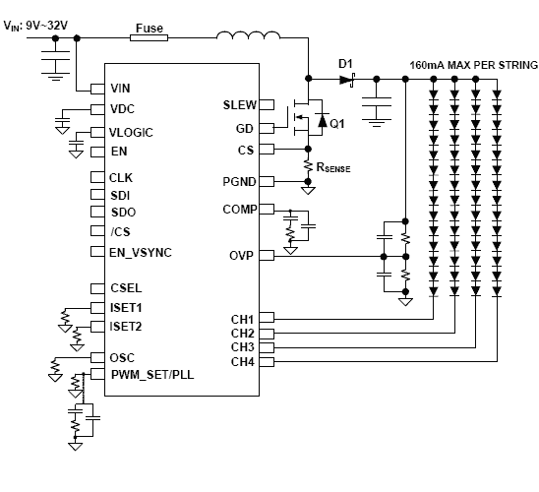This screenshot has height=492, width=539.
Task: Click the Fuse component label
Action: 148,28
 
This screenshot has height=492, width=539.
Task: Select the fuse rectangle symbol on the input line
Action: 149,40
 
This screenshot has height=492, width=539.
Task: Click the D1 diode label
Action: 345,64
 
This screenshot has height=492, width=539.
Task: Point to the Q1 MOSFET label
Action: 337,124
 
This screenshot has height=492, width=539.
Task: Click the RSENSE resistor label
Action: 333,168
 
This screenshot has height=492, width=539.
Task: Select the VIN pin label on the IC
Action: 121,89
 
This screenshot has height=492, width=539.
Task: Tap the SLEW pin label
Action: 239,104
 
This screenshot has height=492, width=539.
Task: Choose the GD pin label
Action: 246,128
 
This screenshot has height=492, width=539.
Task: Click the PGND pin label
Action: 239,182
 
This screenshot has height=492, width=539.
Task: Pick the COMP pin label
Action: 239,210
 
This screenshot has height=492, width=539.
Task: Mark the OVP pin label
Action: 242,256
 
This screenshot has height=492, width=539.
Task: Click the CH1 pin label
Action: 242,320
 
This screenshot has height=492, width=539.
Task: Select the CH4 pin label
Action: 242,362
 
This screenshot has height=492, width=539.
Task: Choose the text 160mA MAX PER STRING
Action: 473,65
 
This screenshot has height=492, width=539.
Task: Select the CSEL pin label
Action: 126,288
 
